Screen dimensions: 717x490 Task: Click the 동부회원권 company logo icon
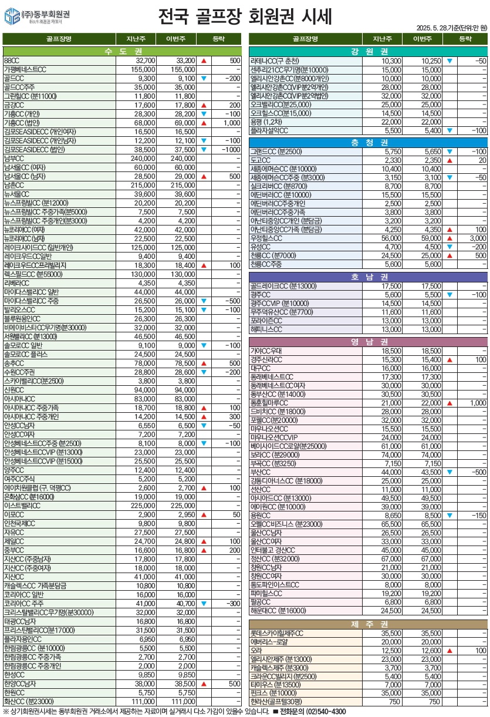tap(11, 17)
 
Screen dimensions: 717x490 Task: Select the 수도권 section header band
tap(122, 51)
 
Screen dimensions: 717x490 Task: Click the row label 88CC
tap(12, 60)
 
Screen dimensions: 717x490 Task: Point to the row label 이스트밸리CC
tap(22, 506)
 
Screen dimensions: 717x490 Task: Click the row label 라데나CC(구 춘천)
tap(275, 60)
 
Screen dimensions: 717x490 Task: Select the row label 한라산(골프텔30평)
tap(276, 702)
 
